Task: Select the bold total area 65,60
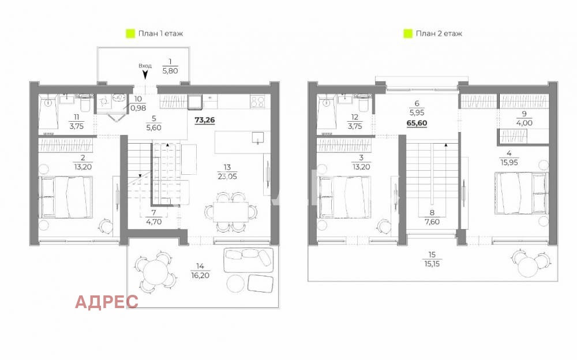[x=417, y=123]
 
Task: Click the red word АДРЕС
[x=107, y=301]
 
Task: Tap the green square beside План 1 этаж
[x=130, y=33]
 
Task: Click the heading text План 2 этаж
[x=439, y=33]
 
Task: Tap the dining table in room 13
[x=230, y=211]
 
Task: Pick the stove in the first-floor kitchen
[x=257, y=102]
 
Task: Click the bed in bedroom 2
[x=65, y=196]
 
